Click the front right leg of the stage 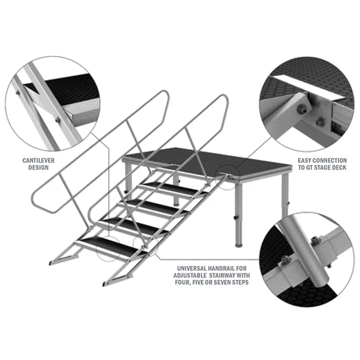coord(238,211)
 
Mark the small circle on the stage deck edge coord(225,173)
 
